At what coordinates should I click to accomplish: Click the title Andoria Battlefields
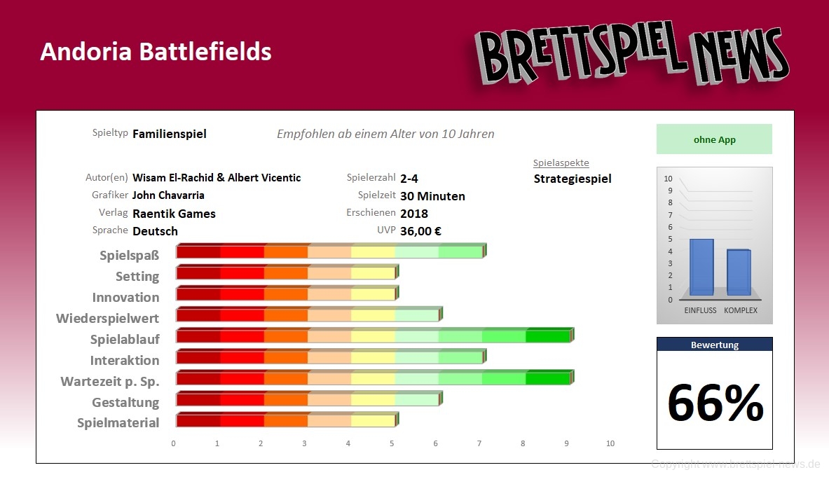[156, 51]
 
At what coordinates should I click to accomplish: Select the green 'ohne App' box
[714, 139]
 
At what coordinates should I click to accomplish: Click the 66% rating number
[715, 403]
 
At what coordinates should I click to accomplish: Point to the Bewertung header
[714, 345]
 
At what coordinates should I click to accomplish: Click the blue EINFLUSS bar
[701, 267]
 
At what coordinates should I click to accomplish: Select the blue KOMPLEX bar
[739, 272]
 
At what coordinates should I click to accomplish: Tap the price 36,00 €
[420, 231]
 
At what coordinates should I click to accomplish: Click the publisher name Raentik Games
[174, 214]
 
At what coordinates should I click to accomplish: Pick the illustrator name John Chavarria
[168, 195]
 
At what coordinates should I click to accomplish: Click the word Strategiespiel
[573, 179]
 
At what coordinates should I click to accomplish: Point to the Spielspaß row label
[129, 256]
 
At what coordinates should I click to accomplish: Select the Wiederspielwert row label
[107, 319]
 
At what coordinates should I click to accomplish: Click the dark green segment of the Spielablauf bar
[547, 336]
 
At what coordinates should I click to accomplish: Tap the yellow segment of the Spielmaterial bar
[373, 421]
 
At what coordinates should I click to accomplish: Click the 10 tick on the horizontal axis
[610, 443]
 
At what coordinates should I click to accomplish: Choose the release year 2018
[414, 214]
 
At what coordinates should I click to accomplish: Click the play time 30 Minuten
[432, 196]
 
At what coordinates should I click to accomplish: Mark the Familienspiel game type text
[169, 134]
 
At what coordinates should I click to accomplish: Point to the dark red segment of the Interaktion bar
[198, 358]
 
